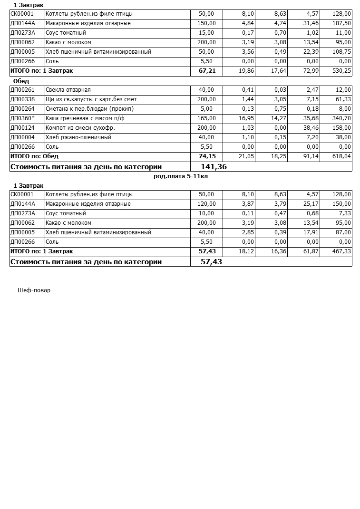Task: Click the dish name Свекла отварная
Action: coord(68,90)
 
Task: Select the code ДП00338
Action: coord(22,99)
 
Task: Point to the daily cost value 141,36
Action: coord(214,167)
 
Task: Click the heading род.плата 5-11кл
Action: coord(181,176)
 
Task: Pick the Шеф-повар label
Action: coord(34,290)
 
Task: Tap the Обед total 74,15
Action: coord(207,156)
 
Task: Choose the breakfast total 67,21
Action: coord(207,71)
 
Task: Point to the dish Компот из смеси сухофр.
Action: coord(80,128)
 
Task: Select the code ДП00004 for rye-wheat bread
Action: coord(22,137)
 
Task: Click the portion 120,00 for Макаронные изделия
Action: coord(206,204)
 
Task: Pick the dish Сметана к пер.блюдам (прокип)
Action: coord(89,109)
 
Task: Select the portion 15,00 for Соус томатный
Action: coord(207,33)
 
